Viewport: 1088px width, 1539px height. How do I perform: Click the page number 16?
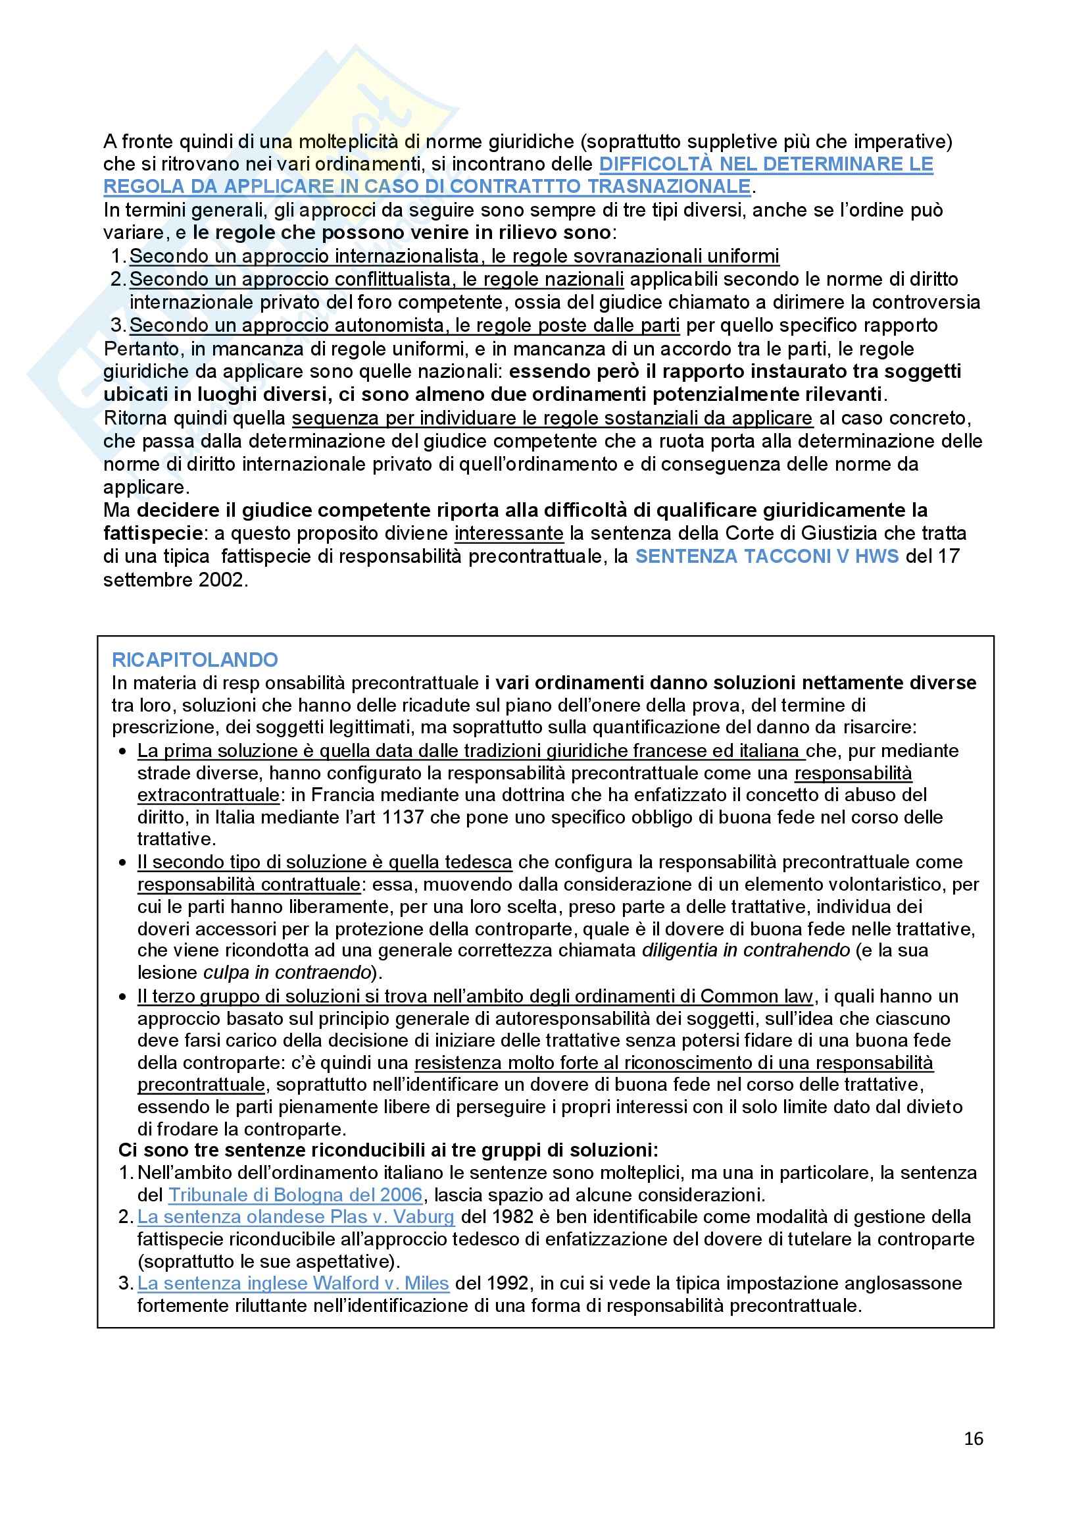point(974,1438)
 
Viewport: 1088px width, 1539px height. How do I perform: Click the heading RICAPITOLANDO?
point(195,660)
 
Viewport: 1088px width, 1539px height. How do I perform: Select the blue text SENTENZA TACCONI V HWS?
point(766,556)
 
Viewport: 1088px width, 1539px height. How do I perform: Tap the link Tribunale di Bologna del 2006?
point(295,1195)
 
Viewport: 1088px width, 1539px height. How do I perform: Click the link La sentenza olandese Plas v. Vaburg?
point(295,1216)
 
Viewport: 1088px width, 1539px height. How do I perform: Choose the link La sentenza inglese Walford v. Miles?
point(293,1283)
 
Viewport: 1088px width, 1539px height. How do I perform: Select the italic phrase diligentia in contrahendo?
point(747,951)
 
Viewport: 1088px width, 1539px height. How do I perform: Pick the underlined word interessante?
point(508,534)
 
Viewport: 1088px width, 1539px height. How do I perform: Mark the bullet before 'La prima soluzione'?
point(122,752)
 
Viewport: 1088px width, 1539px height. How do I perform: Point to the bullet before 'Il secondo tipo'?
point(122,862)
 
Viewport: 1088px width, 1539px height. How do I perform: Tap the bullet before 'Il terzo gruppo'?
point(122,997)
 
